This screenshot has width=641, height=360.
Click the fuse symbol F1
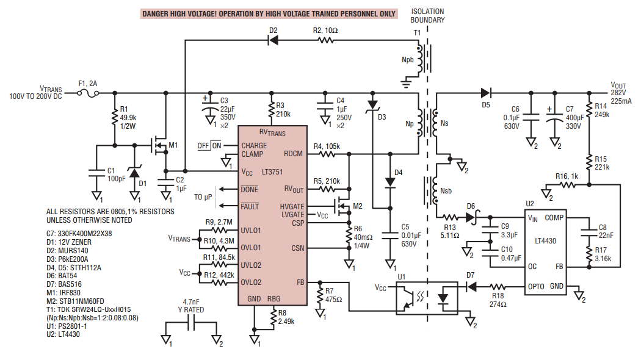pos(93,93)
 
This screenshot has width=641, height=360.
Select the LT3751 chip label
pos(269,172)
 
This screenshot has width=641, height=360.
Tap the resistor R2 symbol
pos(326,41)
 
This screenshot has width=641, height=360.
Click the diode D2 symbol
pos(272,41)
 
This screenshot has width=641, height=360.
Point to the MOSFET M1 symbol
pos(159,145)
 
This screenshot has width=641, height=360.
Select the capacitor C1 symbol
pos(96,173)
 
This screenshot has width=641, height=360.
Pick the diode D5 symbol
pos(486,93)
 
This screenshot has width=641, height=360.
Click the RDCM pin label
pos(294,154)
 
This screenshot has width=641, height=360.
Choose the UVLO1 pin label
pos(250,231)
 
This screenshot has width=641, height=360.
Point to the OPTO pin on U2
pos(538,286)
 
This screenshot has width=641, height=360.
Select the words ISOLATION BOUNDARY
pos(427,16)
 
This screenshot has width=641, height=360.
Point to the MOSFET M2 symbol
pos(342,206)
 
